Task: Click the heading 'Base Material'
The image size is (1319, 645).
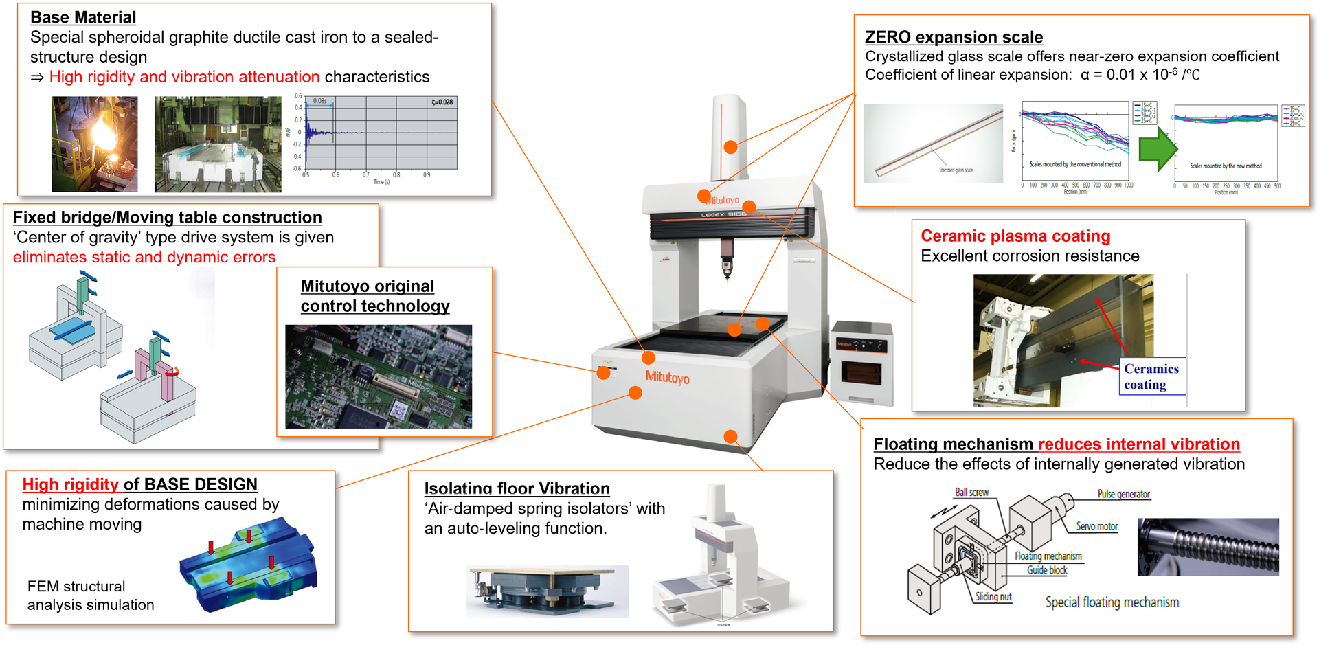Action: coord(83,17)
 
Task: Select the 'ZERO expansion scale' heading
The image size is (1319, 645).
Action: coord(954,37)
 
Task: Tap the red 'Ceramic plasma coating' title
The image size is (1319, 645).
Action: coord(1015,236)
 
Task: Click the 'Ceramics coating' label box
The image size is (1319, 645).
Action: coord(1151,376)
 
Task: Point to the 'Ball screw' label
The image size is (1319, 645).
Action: coord(971,493)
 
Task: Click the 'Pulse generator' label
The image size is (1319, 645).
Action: coord(1123,494)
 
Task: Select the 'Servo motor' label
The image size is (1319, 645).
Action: coord(1096,526)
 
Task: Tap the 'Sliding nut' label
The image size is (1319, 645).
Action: coord(993,596)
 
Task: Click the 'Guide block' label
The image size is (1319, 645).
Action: coord(1047,570)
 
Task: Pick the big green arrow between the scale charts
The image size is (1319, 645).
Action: coord(1158,148)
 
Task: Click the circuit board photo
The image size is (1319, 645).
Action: coord(379,376)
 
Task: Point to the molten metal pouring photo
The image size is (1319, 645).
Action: coord(95,144)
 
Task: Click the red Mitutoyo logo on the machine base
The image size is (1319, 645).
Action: coord(667,377)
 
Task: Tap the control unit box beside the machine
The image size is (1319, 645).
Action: coord(861,364)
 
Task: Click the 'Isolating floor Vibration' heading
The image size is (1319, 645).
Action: coord(517,488)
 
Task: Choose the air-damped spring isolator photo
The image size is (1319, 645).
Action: coord(548,591)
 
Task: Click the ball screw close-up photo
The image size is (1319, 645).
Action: coord(1208,547)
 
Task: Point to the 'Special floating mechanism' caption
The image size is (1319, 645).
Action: coord(1112,602)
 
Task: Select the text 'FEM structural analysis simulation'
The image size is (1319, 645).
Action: coord(91,596)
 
